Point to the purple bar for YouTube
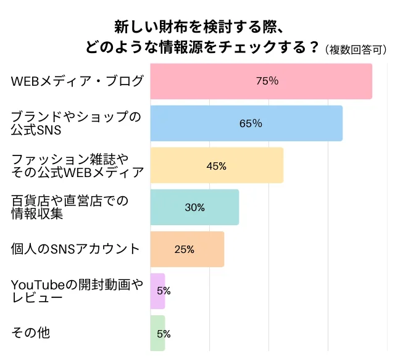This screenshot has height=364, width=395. click(x=157, y=291)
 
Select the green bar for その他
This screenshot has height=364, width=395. click(x=157, y=333)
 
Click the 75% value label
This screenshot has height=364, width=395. click(x=267, y=81)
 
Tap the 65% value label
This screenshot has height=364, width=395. click(x=251, y=123)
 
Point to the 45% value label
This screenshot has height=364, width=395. click(x=216, y=165)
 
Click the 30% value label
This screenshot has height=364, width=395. click(x=194, y=207)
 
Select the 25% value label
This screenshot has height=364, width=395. click(x=185, y=249)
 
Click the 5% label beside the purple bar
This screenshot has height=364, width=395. click(x=164, y=291)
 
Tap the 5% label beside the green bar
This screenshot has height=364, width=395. click(x=164, y=334)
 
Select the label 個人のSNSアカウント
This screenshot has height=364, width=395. click(x=76, y=249)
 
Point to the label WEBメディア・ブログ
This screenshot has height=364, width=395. click(x=77, y=81)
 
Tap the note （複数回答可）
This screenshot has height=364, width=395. click(x=356, y=50)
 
